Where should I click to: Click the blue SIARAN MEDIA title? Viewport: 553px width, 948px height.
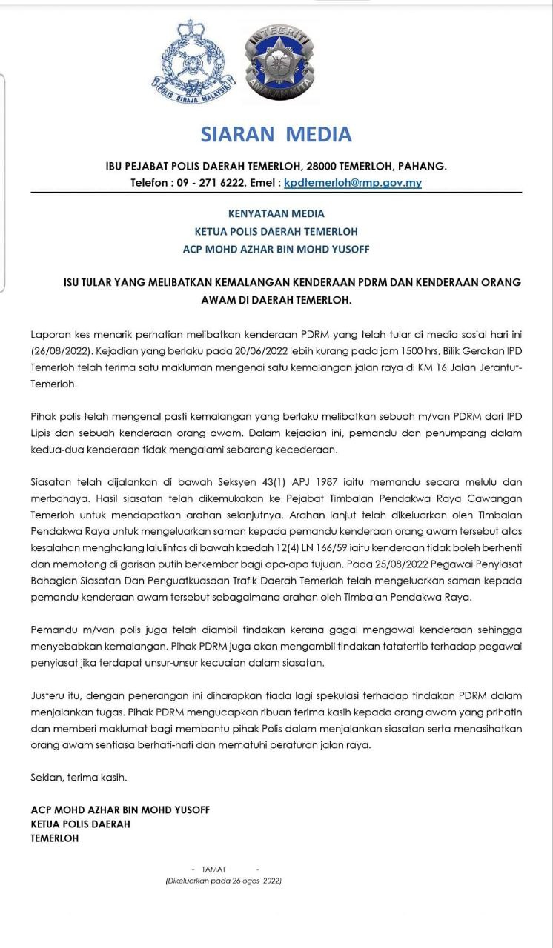tap(276, 135)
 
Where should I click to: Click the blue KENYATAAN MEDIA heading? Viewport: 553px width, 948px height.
tap(276, 213)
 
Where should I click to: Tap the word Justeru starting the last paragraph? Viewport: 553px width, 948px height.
tap(50, 695)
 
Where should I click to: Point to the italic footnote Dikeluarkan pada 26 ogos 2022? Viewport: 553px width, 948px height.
tap(223, 881)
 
